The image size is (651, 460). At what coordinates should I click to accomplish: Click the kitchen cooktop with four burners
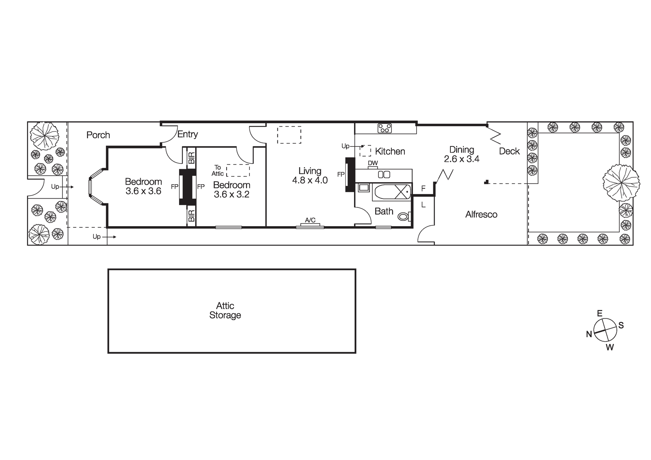(x=384, y=128)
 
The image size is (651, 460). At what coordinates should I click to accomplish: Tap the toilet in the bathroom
(x=404, y=216)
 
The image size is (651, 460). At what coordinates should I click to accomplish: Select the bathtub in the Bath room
(x=392, y=192)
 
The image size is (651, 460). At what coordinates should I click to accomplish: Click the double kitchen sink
(x=384, y=174)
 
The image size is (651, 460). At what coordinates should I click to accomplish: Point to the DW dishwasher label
(x=373, y=163)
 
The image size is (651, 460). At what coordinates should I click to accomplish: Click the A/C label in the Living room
(x=310, y=220)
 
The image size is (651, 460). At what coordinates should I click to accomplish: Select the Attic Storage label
(x=225, y=310)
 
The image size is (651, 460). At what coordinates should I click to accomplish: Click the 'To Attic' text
(x=218, y=170)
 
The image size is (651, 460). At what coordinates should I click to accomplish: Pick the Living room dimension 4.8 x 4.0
(x=310, y=180)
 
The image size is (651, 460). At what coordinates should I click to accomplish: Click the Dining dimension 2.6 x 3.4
(x=462, y=159)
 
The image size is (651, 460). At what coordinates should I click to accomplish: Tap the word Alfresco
(x=481, y=214)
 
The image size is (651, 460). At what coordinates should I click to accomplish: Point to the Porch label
(x=98, y=135)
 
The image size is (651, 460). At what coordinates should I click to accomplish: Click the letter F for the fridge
(x=424, y=188)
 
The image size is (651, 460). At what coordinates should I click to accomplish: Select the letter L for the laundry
(x=424, y=205)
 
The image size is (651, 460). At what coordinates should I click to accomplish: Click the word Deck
(x=509, y=151)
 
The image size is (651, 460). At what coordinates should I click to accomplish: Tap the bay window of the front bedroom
(x=95, y=187)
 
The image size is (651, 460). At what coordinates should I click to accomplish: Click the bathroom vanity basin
(x=363, y=188)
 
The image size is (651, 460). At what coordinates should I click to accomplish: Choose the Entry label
(x=188, y=134)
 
